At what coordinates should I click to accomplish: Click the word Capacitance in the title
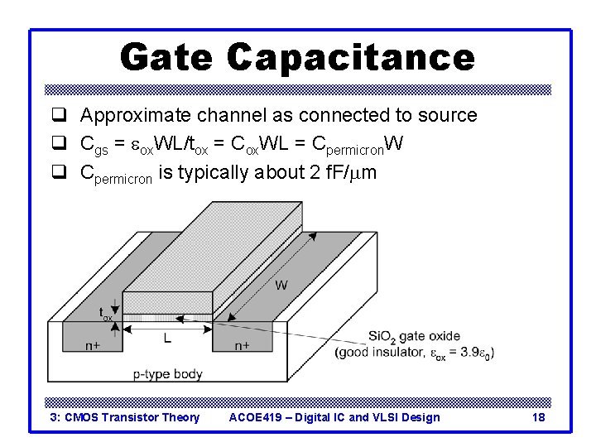(x=350, y=57)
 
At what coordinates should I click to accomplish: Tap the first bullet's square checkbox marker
(x=59, y=116)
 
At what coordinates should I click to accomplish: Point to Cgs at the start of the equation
(x=93, y=145)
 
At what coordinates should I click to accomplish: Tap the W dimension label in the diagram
(x=281, y=286)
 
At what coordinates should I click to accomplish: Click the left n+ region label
(x=91, y=345)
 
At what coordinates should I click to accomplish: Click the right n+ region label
(x=242, y=345)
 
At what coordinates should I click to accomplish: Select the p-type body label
(x=168, y=374)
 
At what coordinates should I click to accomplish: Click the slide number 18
(x=538, y=417)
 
